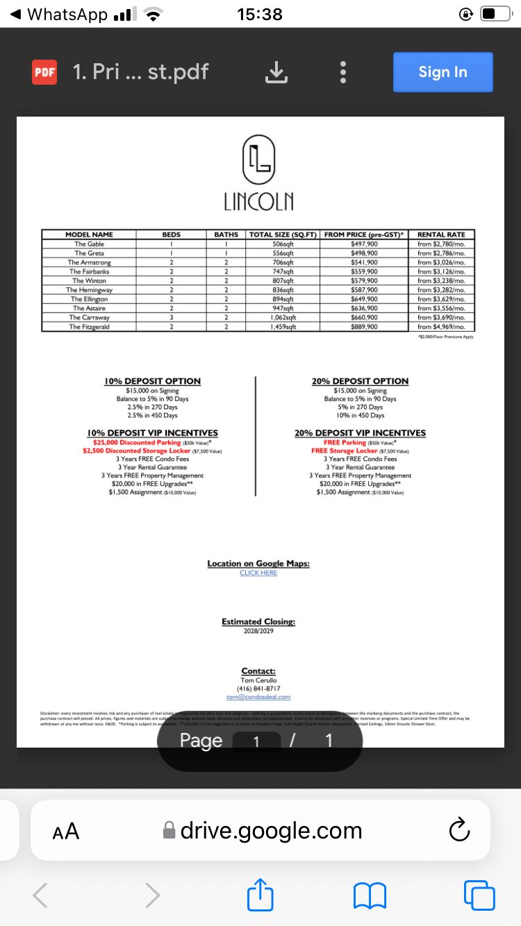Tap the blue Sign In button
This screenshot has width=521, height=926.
pos(443,72)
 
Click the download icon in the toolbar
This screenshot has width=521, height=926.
pos(276,72)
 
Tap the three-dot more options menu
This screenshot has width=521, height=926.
pos(342,72)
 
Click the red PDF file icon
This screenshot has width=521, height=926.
pos(44,72)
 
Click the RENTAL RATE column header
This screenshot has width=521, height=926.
pos(441,235)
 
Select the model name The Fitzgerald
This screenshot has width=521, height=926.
pos(89,326)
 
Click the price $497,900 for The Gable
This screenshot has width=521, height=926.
pos(364,244)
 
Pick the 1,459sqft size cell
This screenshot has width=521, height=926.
pos(283,326)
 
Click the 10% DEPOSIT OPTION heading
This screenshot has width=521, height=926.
pos(152,381)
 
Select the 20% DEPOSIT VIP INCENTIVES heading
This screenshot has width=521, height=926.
pos(360,433)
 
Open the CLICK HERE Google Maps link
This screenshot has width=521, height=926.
pos(258,573)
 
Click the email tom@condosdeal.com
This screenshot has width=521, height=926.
pos(258,697)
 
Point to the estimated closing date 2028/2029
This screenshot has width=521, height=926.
pos(258,631)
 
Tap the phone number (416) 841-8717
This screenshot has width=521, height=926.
pos(258,689)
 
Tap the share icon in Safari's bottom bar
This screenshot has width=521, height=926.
pos(260,895)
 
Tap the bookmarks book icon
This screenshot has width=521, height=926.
pos(370,895)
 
